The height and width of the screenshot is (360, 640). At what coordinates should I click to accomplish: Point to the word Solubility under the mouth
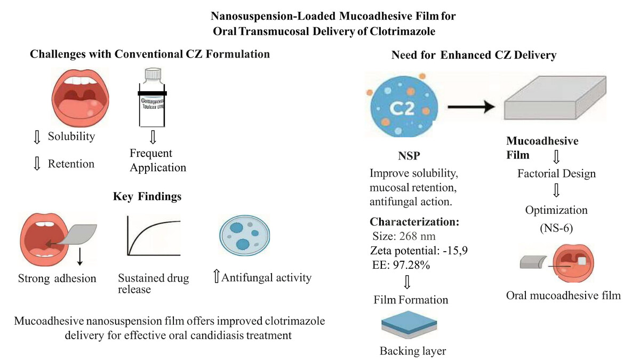tap(71, 136)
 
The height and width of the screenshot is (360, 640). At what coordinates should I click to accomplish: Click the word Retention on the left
tap(71, 164)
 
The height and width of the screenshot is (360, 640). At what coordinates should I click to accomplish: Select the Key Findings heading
tap(147, 196)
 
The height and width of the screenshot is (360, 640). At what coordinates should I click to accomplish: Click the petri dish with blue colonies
tap(243, 237)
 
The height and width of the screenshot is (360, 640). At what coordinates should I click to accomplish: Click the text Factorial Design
tap(556, 173)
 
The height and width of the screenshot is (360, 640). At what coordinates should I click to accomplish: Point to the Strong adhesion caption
tap(58, 278)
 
